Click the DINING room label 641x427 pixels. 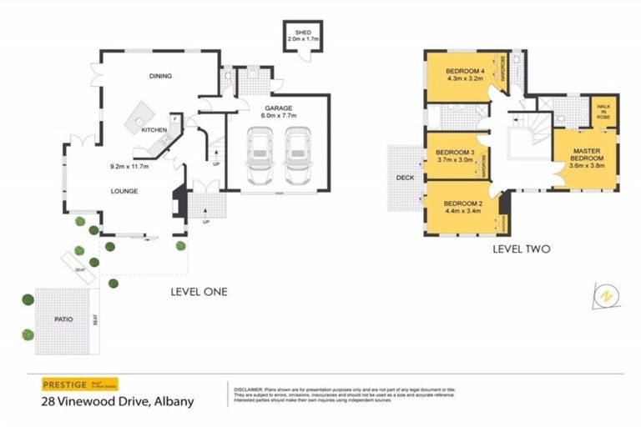tap(160, 76)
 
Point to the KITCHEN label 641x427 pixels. tap(154, 131)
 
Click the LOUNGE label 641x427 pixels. tap(124, 191)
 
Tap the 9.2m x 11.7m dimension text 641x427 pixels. tap(129, 166)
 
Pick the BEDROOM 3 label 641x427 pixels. tap(455, 152)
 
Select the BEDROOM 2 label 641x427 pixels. tap(462, 203)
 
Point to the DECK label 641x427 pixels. tap(406, 177)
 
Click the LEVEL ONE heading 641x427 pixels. tap(199, 292)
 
